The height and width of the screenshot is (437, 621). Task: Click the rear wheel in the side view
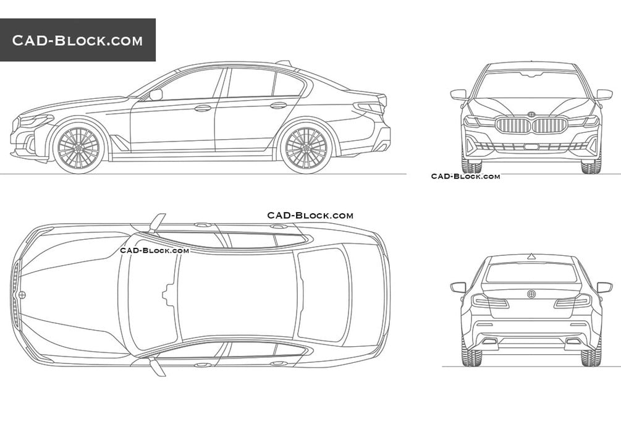coord(306,147)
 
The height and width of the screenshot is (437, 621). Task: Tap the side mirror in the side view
coord(156,95)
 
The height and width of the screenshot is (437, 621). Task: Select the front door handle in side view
coord(203,108)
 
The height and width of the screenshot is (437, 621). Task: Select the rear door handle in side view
coord(279,106)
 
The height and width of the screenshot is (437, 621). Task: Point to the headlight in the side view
coord(36,120)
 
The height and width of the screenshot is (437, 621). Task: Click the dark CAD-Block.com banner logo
coord(78,40)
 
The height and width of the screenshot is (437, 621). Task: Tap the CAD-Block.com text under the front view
coord(465,176)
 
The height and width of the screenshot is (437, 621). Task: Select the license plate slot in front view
coord(531,146)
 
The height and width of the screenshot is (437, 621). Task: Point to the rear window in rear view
coord(531,273)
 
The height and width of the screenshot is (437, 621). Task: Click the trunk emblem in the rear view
coord(531,294)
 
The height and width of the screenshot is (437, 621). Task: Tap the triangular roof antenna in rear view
coord(531,257)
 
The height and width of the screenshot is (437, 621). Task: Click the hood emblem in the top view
coord(22,295)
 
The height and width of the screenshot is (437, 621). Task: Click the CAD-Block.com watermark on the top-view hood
coord(154,250)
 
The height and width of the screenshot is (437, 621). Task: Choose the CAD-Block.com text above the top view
coord(310,216)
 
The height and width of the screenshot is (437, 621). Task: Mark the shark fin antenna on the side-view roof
coord(284,62)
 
